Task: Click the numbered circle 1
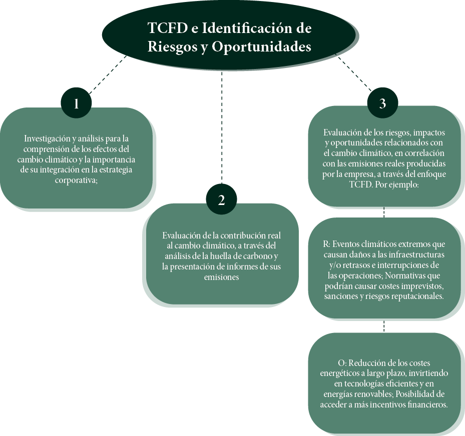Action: click(x=76, y=103)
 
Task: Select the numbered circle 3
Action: click(x=382, y=103)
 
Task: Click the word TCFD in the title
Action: click(x=168, y=28)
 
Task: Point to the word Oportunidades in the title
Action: click(x=261, y=46)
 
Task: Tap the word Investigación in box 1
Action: click(x=47, y=138)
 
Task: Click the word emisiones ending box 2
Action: click(x=221, y=277)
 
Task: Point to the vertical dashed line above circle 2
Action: click(x=222, y=127)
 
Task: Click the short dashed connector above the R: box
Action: click(x=384, y=212)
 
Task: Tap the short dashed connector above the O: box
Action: click(x=384, y=326)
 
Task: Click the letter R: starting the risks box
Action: click(x=326, y=244)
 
